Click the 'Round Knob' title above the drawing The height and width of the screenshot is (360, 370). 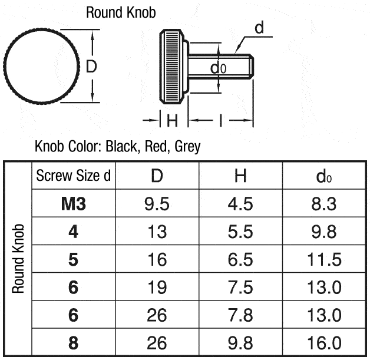121,12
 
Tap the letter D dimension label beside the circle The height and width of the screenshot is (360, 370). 91,67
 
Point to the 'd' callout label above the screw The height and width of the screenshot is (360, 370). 259,27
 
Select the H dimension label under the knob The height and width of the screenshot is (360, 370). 172,121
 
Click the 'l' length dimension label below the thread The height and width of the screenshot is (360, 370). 220,121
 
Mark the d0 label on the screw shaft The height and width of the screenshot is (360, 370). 218,68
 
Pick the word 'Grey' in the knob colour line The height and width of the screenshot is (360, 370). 187,147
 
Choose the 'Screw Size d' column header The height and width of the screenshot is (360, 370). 74,176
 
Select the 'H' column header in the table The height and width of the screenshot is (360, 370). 240,176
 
